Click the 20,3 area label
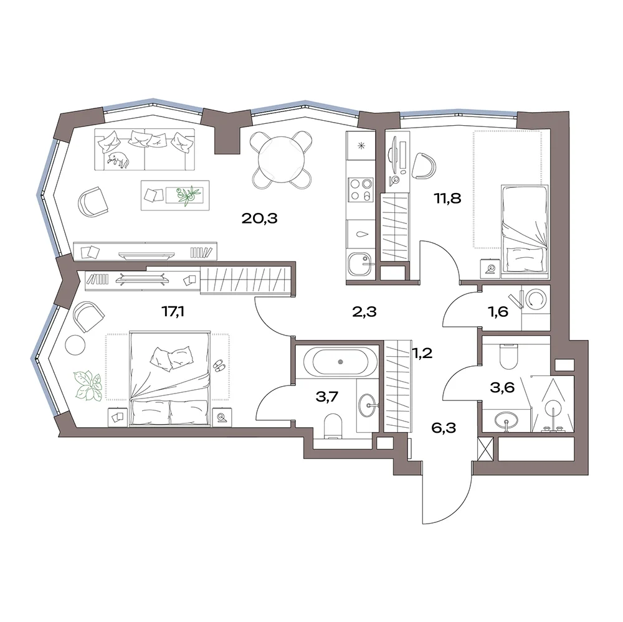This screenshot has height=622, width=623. [x=259, y=219]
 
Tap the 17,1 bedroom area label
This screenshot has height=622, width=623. [x=173, y=312]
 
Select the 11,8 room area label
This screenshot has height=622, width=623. [x=447, y=198]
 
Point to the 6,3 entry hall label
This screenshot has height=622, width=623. [x=444, y=428]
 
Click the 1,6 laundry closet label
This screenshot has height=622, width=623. [x=498, y=312]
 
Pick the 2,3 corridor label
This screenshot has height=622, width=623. [x=364, y=312]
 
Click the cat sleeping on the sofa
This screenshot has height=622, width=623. [x=118, y=159]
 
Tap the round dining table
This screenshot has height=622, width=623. [x=281, y=159]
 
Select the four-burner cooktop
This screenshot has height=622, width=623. [x=360, y=189]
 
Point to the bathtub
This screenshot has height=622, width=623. [x=340, y=362]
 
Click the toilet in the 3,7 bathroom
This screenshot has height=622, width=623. [x=333, y=426]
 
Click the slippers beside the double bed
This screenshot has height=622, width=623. [x=219, y=365]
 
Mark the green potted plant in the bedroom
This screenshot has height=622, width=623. [x=87, y=385]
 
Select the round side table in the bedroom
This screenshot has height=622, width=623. [x=75, y=345]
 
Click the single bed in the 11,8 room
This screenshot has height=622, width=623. [x=525, y=229]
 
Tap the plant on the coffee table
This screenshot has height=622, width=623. [x=188, y=196]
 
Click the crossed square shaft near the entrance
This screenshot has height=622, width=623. [x=485, y=448]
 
